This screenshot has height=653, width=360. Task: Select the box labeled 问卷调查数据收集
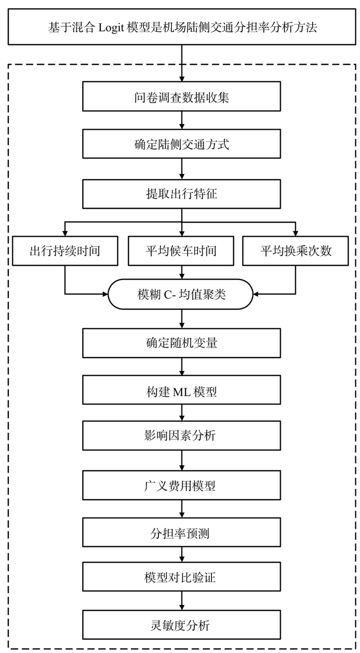click(x=182, y=96)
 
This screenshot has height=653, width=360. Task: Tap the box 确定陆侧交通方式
click(x=182, y=144)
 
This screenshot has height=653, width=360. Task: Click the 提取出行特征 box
click(x=182, y=194)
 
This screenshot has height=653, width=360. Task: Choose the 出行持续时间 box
click(x=65, y=251)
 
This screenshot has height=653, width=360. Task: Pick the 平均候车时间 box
click(x=181, y=251)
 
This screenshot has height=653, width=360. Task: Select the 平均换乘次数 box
click(x=295, y=251)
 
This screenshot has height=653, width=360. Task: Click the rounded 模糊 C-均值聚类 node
click(x=181, y=294)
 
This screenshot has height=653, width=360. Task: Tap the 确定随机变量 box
click(x=182, y=343)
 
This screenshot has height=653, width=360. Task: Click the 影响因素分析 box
click(x=182, y=435)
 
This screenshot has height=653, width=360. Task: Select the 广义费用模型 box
click(x=182, y=485)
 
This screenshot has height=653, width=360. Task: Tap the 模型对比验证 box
click(x=182, y=577)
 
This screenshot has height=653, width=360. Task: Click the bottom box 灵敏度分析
click(x=182, y=625)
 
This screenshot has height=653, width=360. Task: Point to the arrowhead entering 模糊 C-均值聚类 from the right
click(x=256, y=294)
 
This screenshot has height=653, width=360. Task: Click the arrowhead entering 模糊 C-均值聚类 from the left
click(x=105, y=294)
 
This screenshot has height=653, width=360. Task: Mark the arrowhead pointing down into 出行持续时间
click(x=65, y=234)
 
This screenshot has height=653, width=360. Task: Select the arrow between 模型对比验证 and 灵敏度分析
click(x=182, y=601)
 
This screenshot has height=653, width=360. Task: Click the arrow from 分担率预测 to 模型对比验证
click(x=182, y=555)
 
